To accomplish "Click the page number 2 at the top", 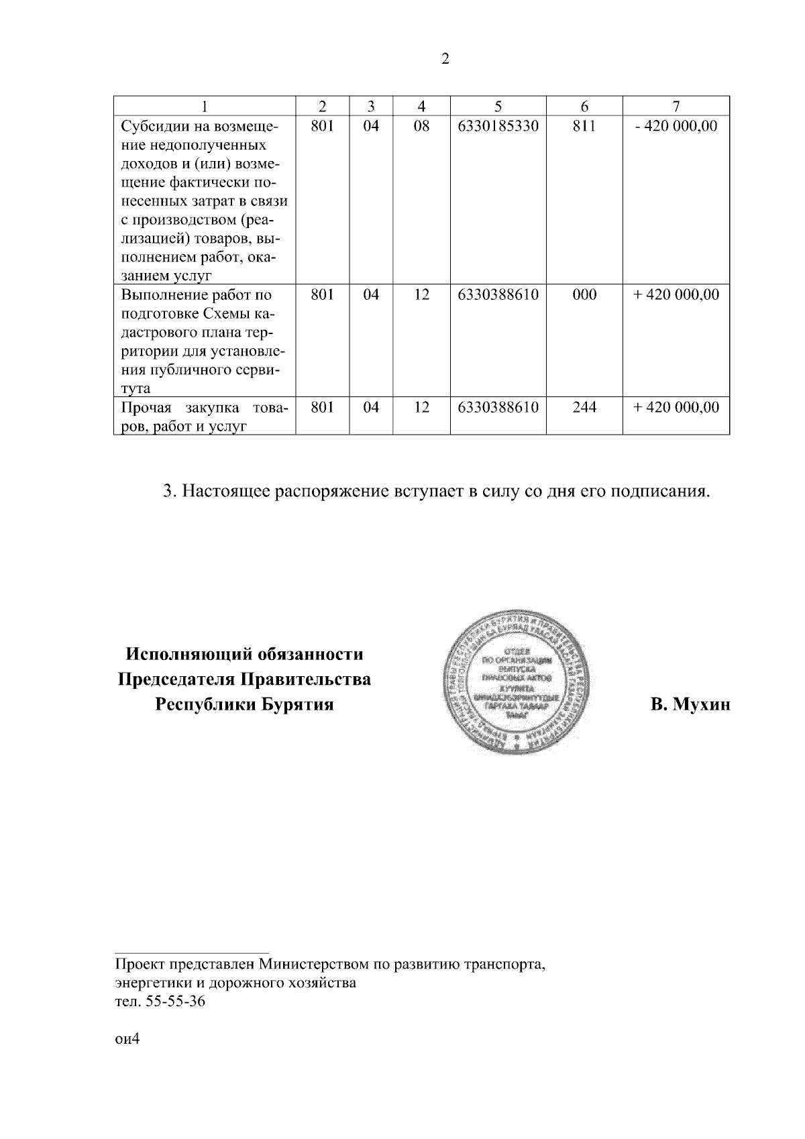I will click(x=445, y=59).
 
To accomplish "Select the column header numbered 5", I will click(x=497, y=106).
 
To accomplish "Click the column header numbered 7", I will click(x=676, y=106).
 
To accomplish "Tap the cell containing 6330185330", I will click(x=497, y=125).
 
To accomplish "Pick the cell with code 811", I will click(x=584, y=125).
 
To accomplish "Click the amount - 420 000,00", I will click(x=676, y=125).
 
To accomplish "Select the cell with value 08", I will click(x=421, y=125).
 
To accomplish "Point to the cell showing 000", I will click(x=584, y=294).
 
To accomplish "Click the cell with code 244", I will click(x=584, y=407).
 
